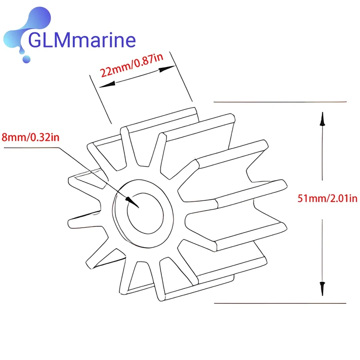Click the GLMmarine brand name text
click(82, 40)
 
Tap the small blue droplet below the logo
click(27, 59)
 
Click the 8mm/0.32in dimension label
click(30, 137)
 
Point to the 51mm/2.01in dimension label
click(328, 198)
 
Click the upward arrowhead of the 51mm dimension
click(322, 119)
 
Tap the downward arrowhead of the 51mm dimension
click(322, 288)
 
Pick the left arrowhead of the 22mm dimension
click(107, 85)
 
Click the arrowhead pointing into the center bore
click(132, 202)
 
